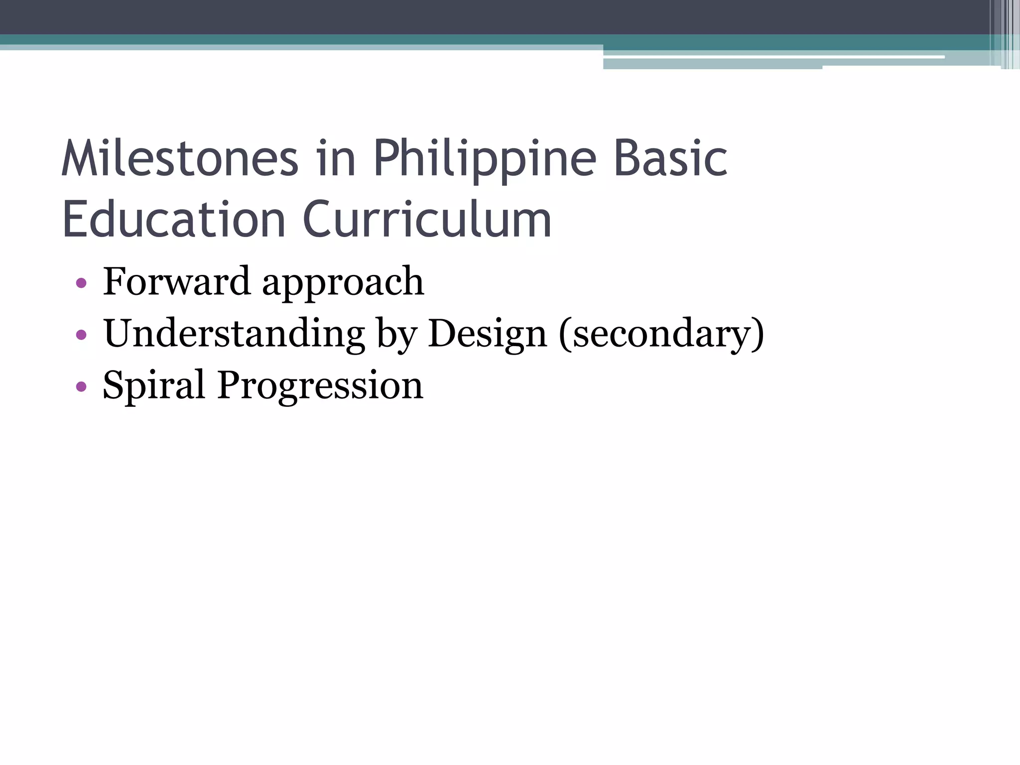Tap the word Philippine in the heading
tap(484, 159)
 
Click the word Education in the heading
tap(173, 219)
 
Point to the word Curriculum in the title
tap(427, 219)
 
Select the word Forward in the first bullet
tap(176, 281)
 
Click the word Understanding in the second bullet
tap(234, 334)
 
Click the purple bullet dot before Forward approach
tap(81, 284)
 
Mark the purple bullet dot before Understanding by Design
tap(81, 335)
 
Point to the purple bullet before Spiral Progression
tap(81, 386)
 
